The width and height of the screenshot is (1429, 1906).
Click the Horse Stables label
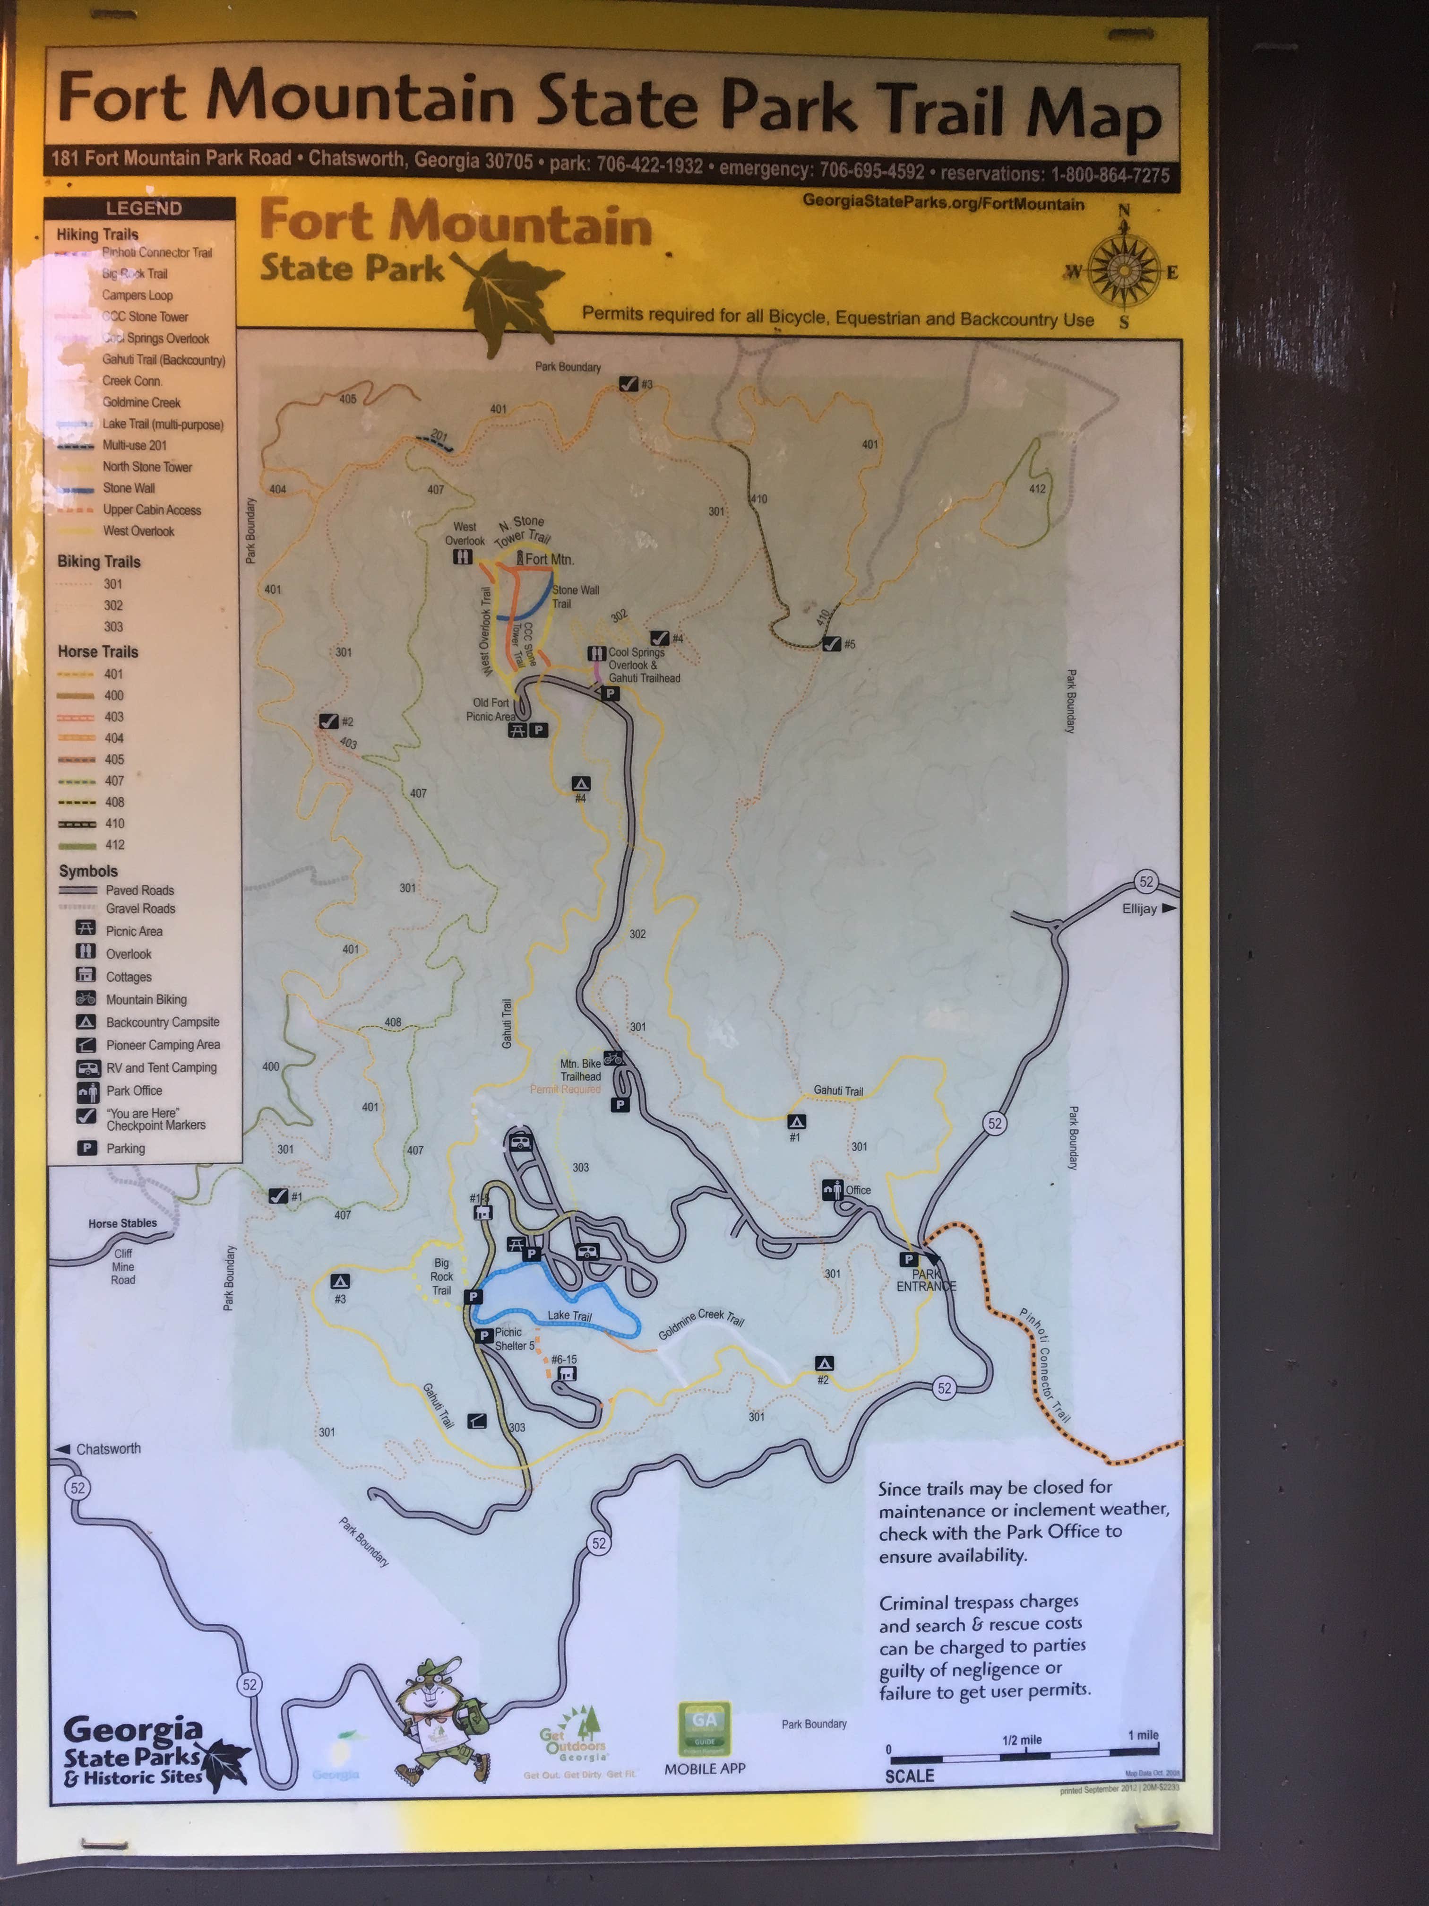122,1223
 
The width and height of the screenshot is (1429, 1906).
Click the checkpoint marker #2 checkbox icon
328,721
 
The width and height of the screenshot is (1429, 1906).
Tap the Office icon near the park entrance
831,1190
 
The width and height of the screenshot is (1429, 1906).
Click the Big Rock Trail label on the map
441,1276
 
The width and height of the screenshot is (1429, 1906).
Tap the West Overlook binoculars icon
463,557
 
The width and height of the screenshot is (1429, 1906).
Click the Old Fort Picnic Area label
490,709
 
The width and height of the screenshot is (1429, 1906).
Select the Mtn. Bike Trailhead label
581,1069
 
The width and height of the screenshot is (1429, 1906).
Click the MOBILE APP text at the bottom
705,1768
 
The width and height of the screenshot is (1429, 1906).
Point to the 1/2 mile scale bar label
1022,1740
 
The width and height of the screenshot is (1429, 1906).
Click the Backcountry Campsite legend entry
162,1022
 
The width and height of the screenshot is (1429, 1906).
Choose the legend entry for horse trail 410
114,823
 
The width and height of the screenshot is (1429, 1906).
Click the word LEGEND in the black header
144,208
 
